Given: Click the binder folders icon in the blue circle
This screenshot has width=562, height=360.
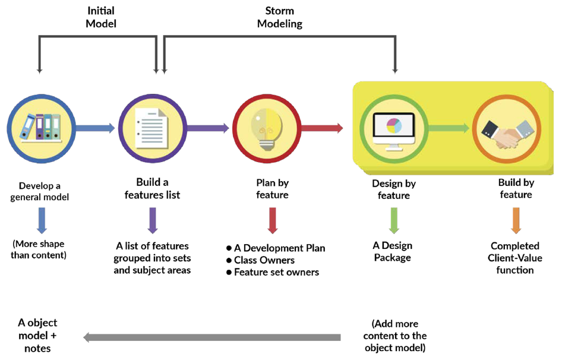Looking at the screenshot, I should click(x=40, y=127).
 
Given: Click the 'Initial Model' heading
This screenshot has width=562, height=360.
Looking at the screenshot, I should click(x=101, y=17).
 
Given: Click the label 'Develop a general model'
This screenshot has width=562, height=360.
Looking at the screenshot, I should click(x=39, y=191).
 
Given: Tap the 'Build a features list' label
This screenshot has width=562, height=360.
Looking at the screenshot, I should click(x=152, y=188).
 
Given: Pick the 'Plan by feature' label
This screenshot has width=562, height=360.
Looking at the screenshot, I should click(x=271, y=189).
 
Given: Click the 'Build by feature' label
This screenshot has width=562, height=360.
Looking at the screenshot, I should click(x=515, y=188).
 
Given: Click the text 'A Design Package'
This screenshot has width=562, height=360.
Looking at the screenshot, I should click(x=393, y=251).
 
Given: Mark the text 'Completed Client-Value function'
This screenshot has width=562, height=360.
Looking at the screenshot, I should click(x=515, y=258).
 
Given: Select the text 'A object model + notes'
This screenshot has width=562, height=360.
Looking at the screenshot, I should click(x=37, y=336).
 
